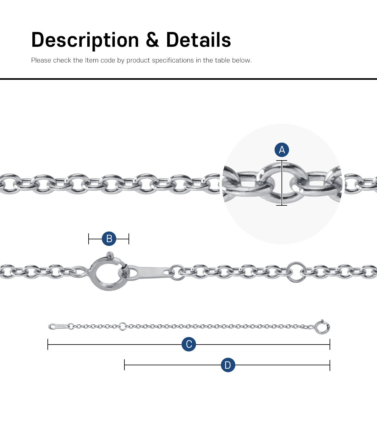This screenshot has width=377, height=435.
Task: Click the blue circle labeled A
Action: [281, 150]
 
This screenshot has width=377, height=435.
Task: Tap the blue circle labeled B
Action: [109, 239]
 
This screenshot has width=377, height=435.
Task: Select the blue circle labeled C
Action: [189, 344]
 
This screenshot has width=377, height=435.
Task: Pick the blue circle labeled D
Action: [228, 365]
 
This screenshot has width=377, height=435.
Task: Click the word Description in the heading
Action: [85, 40]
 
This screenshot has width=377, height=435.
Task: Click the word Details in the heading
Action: [199, 40]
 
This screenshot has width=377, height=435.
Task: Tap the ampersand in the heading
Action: [152, 40]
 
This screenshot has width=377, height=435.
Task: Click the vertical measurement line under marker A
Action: [281, 183]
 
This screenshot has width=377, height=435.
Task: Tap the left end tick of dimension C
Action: [48, 344]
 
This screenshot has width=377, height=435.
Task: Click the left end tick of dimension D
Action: [124, 365]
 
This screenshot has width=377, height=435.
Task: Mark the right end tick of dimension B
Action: [129, 239]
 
